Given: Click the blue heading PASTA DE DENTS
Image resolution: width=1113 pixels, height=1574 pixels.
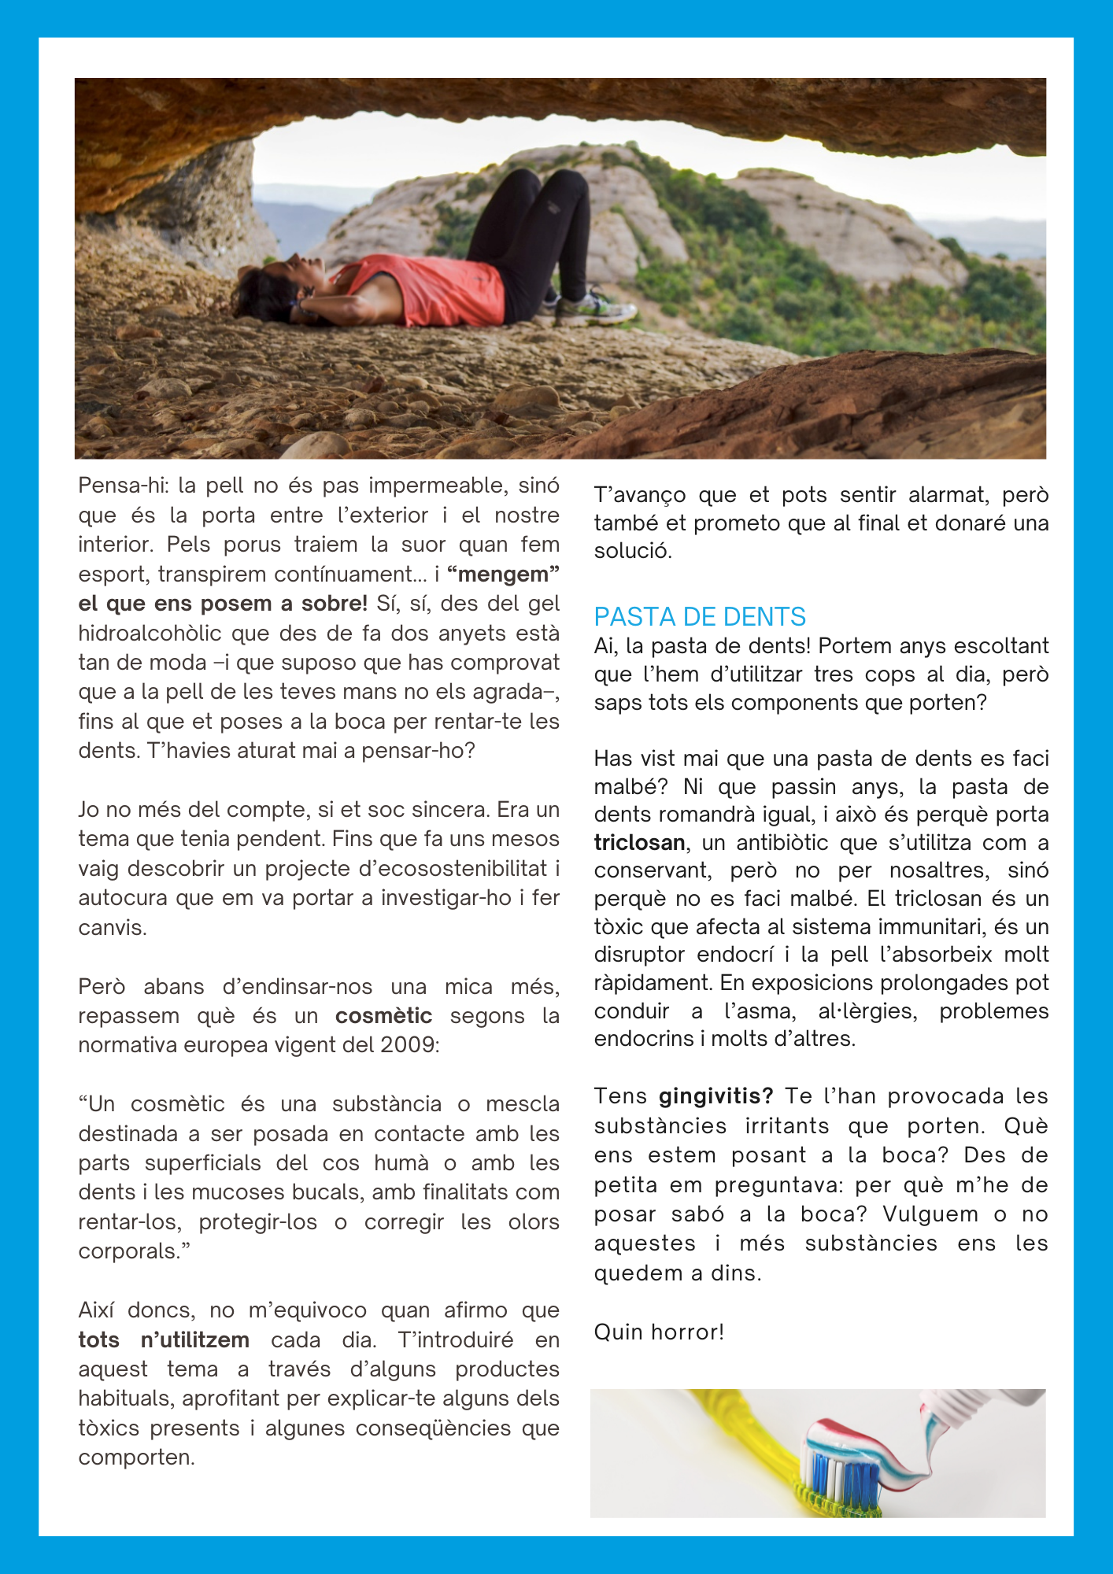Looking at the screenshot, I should (x=700, y=616).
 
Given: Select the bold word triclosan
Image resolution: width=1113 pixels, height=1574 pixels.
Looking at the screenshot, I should (x=639, y=843).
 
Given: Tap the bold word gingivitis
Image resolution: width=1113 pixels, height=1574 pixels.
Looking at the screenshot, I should (x=715, y=1096).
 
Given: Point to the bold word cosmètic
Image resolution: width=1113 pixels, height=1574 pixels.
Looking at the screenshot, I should (x=383, y=1016).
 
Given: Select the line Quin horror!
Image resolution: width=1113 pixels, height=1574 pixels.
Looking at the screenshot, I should (x=659, y=1332).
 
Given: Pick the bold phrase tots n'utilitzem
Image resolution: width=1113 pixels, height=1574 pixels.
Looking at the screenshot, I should (x=164, y=1339).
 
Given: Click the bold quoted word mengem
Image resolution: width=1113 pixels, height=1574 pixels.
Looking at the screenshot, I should (x=503, y=575).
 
